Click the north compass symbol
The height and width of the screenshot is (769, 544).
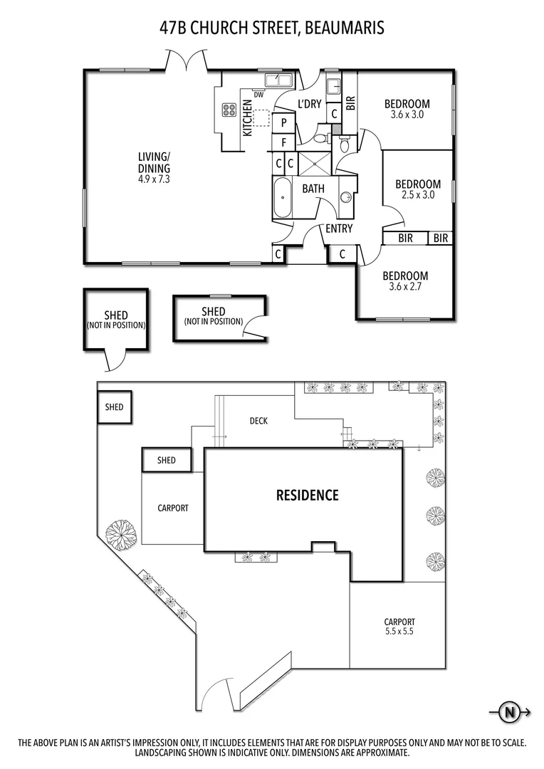tap(509, 711)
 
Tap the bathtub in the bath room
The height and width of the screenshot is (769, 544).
tap(282, 198)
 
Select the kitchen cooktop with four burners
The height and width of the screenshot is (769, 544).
tap(229, 110)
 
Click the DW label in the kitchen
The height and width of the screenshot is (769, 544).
tap(258, 95)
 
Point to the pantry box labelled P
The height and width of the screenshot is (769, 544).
tap(283, 122)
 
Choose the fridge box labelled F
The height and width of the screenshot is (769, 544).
tap(283, 142)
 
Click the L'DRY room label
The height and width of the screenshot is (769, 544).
tap(310, 104)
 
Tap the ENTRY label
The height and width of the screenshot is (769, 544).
tap(339, 229)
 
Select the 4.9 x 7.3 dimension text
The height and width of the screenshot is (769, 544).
tap(154, 179)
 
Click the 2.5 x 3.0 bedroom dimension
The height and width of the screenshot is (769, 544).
tap(417, 194)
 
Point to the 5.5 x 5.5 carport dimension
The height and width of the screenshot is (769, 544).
tap(399, 632)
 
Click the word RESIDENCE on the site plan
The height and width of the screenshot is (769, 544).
tap(307, 496)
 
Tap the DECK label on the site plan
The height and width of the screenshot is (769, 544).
tap(258, 421)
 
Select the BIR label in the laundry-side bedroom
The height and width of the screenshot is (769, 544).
tap(350, 103)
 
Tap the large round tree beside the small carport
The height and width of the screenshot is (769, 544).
tap(120, 535)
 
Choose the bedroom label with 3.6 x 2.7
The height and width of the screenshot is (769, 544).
tap(405, 276)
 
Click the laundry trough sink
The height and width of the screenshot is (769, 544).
tap(333, 87)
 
